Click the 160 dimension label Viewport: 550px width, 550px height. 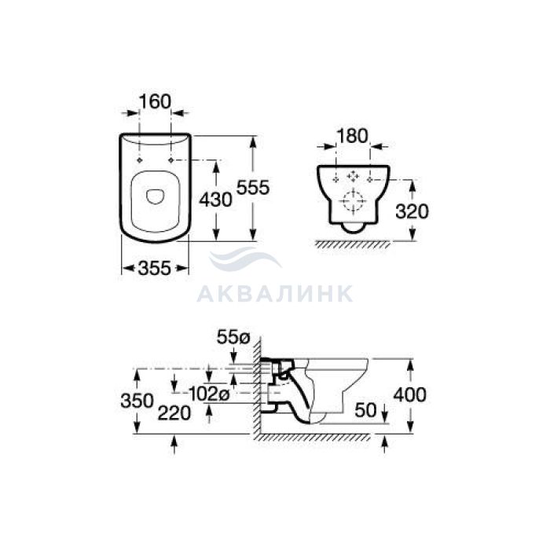click(x=155, y=101)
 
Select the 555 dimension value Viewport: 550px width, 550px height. click(x=253, y=187)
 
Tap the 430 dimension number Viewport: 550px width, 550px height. click(x=216, y=200)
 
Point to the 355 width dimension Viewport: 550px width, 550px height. click(x=155, y=269)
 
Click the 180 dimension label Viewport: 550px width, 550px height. click(x=352, y=136)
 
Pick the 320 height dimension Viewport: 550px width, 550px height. click(x=412, y=211)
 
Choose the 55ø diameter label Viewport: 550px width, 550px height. click(x=233, y=337)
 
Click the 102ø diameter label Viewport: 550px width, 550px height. click(x=209, y=394)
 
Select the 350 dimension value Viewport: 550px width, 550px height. click(x=137, y=401)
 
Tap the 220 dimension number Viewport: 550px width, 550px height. click(x=174, y=412)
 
